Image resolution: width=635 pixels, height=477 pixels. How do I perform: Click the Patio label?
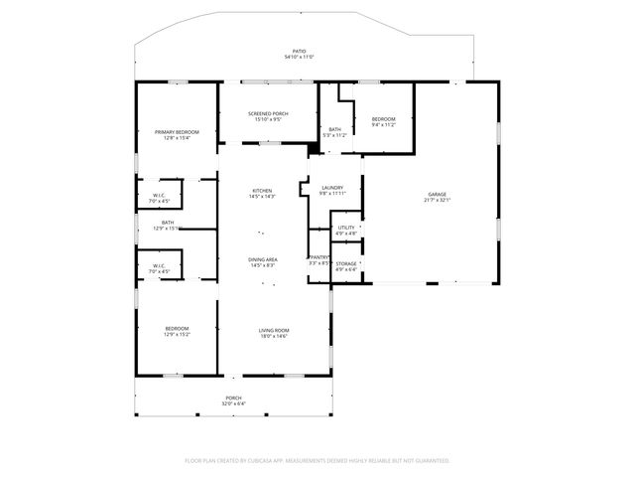[x=299, y=51]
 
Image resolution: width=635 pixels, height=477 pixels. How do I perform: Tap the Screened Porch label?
[x=268, y=114]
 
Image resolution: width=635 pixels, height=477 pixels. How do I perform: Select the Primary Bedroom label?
[x=177, y=132]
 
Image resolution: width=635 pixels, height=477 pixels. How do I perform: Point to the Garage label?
[x=437, y=195]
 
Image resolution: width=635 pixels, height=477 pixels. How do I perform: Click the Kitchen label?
[x=262, y=191]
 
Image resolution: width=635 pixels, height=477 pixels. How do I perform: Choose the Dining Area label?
[x=262, y=259]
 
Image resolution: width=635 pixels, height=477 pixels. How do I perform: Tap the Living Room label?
[x=274, y=330]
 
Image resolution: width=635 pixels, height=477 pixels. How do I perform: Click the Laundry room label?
[x=332, y=188]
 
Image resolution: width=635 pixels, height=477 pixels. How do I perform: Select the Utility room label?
[x=345, y=228]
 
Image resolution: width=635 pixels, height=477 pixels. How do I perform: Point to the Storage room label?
[x=345, y=263]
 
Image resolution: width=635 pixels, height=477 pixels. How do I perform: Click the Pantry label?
[x=318, y=257]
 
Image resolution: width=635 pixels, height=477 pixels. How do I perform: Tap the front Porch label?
[x=232, y=398]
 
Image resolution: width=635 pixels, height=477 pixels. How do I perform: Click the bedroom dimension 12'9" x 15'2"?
[x=177, y=335]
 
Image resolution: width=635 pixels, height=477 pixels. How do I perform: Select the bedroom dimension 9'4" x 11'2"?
[x=384, y=124]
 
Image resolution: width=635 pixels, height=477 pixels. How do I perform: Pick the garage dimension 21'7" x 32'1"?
[x=437, y=201]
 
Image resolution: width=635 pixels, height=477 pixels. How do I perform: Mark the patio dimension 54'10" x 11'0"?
[x=299, y=57]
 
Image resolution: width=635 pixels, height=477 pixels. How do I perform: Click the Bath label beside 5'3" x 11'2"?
[x=335, y=129]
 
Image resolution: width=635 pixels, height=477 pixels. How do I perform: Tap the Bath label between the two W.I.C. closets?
[x=168, y=223]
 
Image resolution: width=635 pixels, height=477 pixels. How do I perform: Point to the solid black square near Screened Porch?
[x=314, y=149]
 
